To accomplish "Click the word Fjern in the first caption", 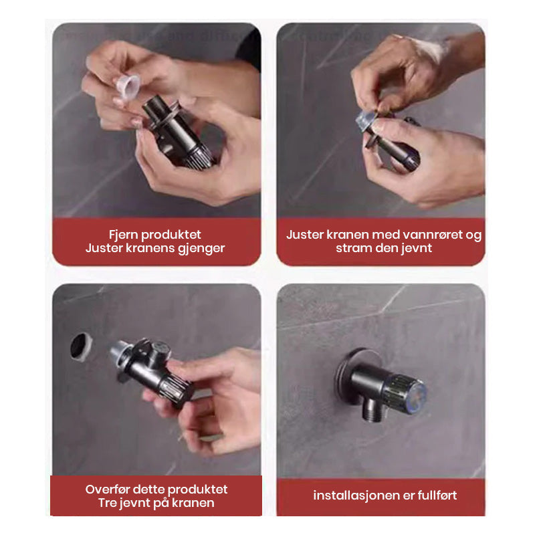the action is [123, 235].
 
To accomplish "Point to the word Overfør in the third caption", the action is [107, 490].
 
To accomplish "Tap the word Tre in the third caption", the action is [108, 503].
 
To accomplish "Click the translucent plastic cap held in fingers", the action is [128, 86].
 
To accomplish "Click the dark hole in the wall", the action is [81, 346].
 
